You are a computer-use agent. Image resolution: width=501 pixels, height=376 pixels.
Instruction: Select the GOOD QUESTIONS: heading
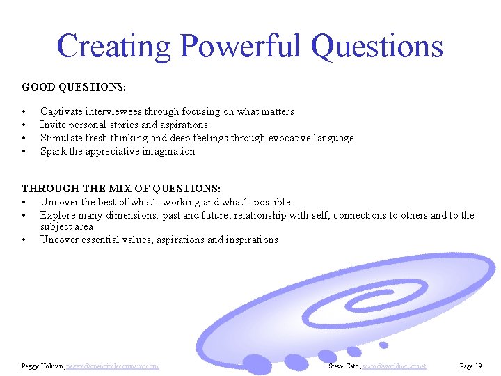click(74, 87)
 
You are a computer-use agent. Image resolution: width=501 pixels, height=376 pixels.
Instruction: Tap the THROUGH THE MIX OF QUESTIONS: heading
click(121, 189)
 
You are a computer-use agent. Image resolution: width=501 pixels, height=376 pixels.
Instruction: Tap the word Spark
click(53, 151)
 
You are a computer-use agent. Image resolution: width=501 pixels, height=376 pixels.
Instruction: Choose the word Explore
click(58, 215)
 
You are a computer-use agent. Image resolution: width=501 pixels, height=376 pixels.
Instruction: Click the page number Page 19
click(470, 366)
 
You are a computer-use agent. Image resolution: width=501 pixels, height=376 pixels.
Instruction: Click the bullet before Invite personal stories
click(24, 125)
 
